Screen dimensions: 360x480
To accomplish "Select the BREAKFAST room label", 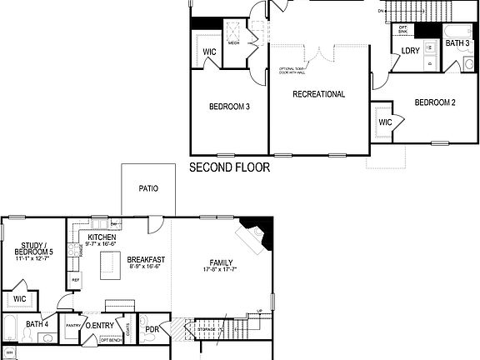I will tap(146, 260).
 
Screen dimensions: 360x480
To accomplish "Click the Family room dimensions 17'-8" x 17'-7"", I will tap(221, 270).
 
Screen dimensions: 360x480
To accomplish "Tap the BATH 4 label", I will tap(37, 324).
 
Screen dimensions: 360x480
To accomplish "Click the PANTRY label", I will tap(73, 326).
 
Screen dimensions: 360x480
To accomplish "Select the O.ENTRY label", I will tap(99, 325).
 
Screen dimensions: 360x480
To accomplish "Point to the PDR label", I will tap(152, 329).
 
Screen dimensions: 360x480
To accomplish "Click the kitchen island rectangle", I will tap(107, 266).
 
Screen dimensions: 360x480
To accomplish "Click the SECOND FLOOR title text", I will tap(230, 167).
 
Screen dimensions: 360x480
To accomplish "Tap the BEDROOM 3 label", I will tap(228, 106).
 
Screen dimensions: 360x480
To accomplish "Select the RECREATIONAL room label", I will tap(318, 94).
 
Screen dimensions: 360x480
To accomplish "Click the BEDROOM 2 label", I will tap(435, 102).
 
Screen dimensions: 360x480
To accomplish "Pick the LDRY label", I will tap(410, 51).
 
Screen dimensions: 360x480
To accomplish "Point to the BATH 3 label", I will tap(457, 42).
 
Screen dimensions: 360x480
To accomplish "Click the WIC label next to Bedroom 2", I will tap(385, 122).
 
